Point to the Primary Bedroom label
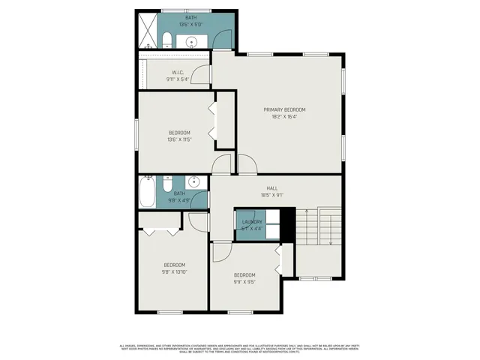point(283,109)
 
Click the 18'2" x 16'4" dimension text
point(283,116)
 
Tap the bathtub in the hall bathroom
point(147,193)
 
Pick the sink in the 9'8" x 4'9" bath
point(193,181)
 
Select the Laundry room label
point(251,222)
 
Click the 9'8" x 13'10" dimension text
point(175,271)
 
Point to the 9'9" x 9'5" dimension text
point(244,281)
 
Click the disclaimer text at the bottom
point(240,349)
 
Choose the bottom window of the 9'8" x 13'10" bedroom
point(170,312)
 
